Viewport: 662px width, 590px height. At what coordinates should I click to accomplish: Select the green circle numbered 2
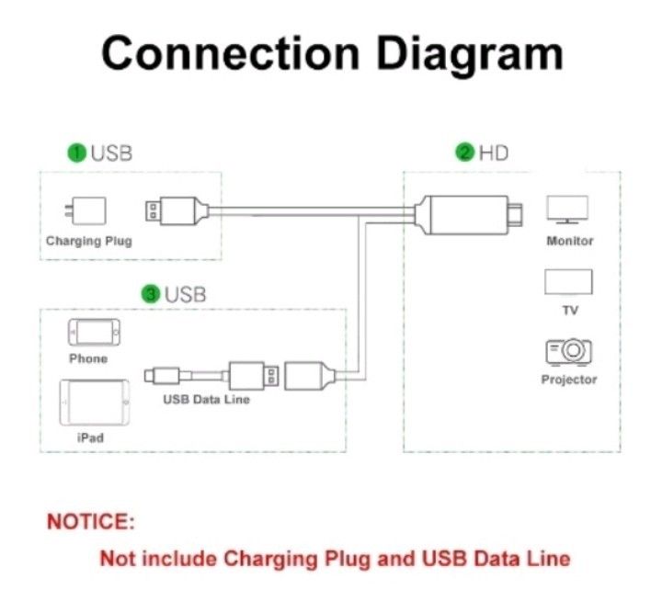465,153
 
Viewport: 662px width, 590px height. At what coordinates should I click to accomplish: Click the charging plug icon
89,210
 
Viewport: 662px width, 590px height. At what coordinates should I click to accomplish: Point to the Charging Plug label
89,241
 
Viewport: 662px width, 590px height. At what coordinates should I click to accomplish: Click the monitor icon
567,210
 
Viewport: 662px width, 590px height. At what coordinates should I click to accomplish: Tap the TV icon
568,281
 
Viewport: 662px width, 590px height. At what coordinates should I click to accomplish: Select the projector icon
568,352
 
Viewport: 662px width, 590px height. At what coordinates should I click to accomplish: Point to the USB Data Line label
207,400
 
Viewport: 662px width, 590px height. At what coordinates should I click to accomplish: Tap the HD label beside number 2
493,153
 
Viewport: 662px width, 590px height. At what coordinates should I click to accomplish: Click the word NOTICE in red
91,522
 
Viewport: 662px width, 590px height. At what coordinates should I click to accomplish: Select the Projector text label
568,380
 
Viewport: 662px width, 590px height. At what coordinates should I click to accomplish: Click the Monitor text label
570,241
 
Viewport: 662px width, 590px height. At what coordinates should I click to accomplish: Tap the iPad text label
89,437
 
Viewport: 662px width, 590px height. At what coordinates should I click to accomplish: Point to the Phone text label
88,358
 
